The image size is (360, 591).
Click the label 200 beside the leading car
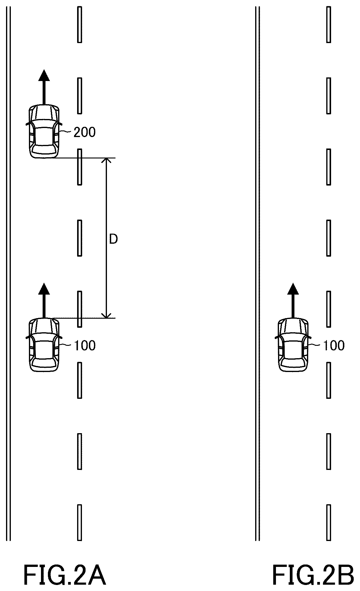click(x=85, y=132)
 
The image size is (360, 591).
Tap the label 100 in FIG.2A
click(x=85, y=346)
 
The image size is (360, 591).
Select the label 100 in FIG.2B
click(x=333, y=346)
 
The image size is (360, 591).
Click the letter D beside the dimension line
click(x=113, y=239)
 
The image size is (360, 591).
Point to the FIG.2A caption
click(x=65, y=576)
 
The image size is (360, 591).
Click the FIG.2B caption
click(x=314, y=576)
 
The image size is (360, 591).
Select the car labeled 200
click(x=44, y=131)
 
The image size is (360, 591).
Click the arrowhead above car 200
click(x=44, y=75)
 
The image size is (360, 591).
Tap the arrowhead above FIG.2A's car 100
click(x=44, y=289)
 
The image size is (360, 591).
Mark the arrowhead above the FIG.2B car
click(x=293, y=289)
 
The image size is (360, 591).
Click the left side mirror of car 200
click(x=29, y=124)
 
